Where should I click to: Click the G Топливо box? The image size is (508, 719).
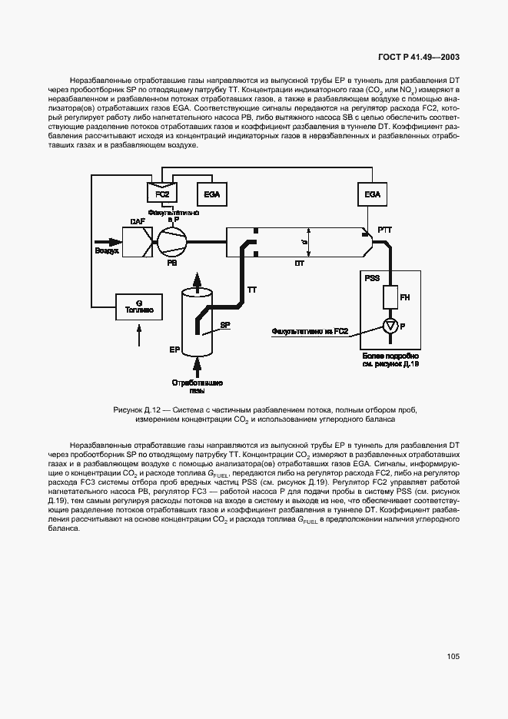click(138, 307)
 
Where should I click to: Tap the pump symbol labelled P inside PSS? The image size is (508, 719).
click(390, 327)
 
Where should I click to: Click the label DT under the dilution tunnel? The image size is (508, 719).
click(300, 263)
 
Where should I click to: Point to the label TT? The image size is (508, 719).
click(251, 290)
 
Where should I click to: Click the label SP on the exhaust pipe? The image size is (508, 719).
click(225, 326)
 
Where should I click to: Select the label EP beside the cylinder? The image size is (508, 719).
click(174, 349)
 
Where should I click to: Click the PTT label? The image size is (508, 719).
click(385, 230)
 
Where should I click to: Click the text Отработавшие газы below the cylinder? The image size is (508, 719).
click(198, 386)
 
